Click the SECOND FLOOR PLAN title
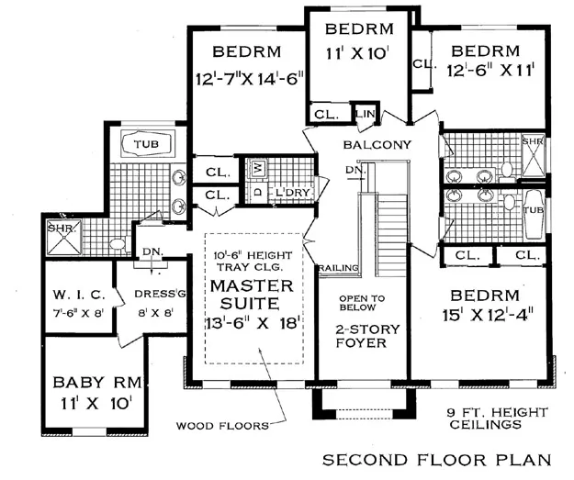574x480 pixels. (437, 459)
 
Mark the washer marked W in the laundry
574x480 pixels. (258, 167)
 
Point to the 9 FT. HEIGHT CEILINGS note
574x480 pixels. (482, 419)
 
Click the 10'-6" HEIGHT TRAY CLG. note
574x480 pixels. (250, 260)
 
